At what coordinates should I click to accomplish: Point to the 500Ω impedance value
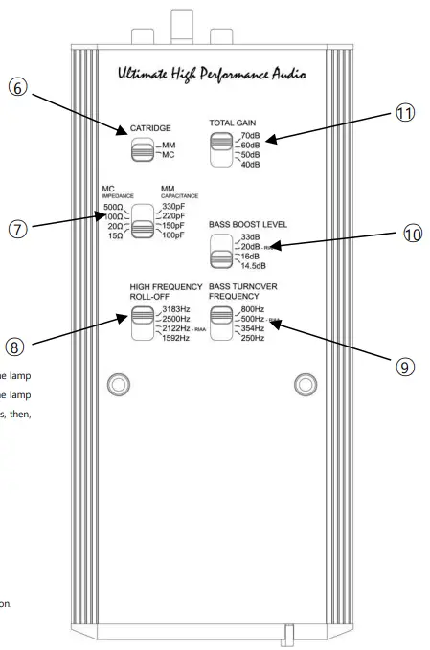coord(113,207)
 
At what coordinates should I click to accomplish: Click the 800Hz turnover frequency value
coord(254,308)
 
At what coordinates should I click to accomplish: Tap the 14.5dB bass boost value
coord(254,266)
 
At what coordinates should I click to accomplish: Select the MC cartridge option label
coord(167,153)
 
